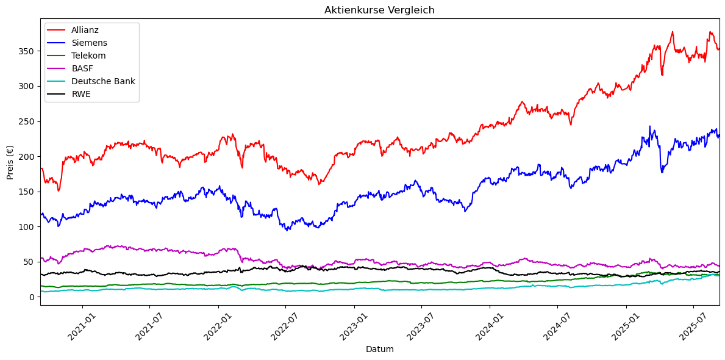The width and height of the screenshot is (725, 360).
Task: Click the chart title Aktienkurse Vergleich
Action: pyautogui.click(x=379, y=10)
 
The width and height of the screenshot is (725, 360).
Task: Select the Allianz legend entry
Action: pyautogui.click(x=85, y=30)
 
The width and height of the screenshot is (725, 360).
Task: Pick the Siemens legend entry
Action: pyautogui.click(x=89, y=43)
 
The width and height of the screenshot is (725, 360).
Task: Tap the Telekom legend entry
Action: pyautogui.click(x=88, y=56)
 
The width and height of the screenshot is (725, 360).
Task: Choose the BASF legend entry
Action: pyautogui.click(x=82, y=68)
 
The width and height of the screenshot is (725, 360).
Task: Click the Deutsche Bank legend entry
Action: pyautogui.click(x=103, y=81)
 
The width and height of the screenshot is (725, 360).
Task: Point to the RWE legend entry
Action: pyautogui.click(x=81, y=94)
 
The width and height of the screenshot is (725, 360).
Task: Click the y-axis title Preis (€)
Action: pyautogui.click(x=10, y=162)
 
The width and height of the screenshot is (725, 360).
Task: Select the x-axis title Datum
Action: pyautogui.click(x=379, y=350)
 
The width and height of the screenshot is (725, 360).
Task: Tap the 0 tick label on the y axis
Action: pyautogui.click(x=32, y=297)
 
